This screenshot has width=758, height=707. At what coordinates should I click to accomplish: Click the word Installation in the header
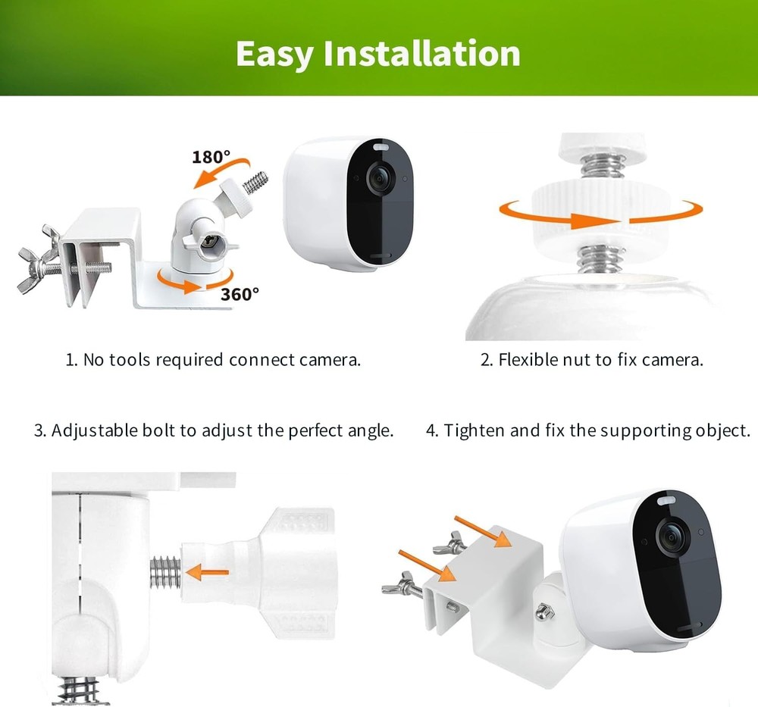click(421, 53)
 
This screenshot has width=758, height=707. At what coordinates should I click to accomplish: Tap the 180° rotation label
click(210, 158)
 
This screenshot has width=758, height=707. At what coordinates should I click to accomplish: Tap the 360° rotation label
click(240, 294)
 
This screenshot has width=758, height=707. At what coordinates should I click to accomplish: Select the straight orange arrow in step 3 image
click(208, 570)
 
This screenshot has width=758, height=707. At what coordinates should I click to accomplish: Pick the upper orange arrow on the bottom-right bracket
click(477, 530)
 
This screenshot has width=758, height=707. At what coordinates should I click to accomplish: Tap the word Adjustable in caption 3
click(95, 431)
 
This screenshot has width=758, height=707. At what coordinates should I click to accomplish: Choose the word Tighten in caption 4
click(475, 431)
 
